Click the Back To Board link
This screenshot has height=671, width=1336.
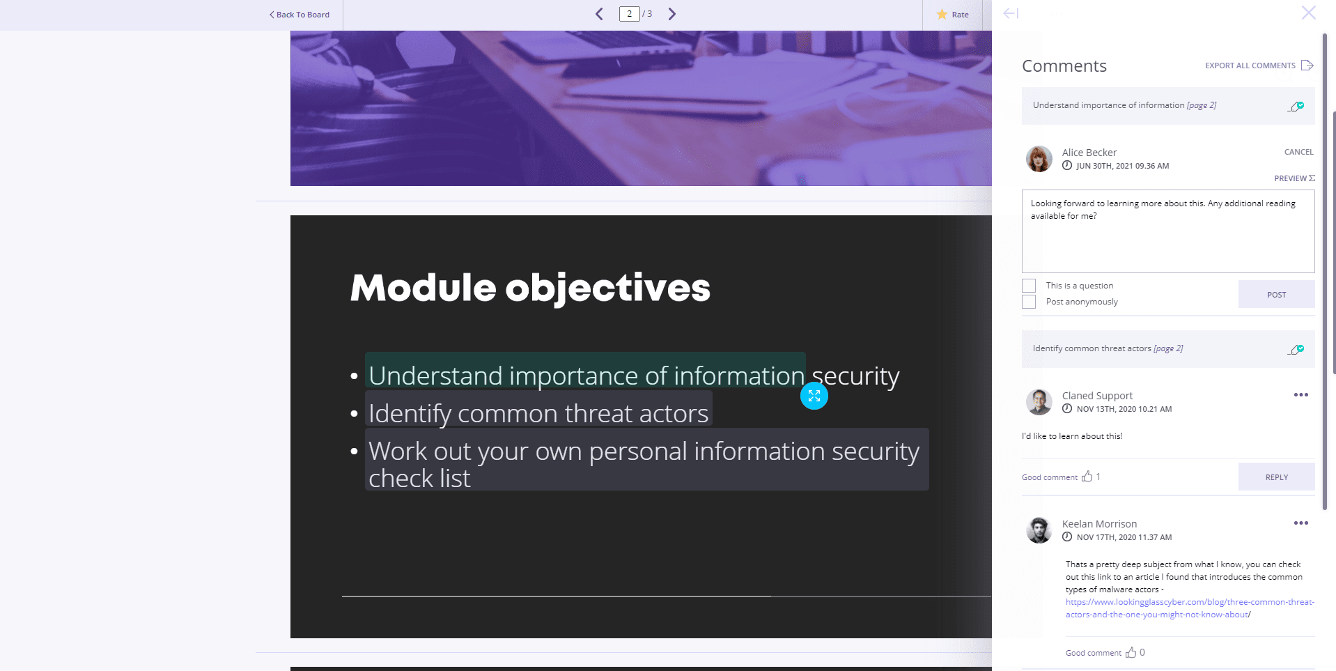tap(300, 15)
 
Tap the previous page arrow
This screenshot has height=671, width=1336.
tap(599, 14)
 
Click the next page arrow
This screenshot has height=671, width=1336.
tap(672, 14)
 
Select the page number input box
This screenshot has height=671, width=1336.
tap(629, 14)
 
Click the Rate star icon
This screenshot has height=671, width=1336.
tap(942, 15)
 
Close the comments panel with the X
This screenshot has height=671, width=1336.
tap(1309, 13)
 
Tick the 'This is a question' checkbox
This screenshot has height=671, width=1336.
tap(1029, 286)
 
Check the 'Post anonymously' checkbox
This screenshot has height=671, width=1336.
tap(1029, 302)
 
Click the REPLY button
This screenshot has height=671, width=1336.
tap(1276, 477)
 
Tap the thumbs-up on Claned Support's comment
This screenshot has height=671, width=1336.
tap(1087, 477)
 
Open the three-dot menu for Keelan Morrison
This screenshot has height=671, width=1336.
tap(1300, 523)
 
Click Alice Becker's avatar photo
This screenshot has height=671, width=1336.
tap(1039, 159)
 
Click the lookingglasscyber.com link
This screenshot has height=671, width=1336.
tap(1190, 608)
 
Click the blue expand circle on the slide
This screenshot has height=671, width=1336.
tap(814, 396)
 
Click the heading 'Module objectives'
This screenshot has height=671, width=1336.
tap(530, 288)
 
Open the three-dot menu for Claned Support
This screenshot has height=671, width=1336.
tap(1300, 395)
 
